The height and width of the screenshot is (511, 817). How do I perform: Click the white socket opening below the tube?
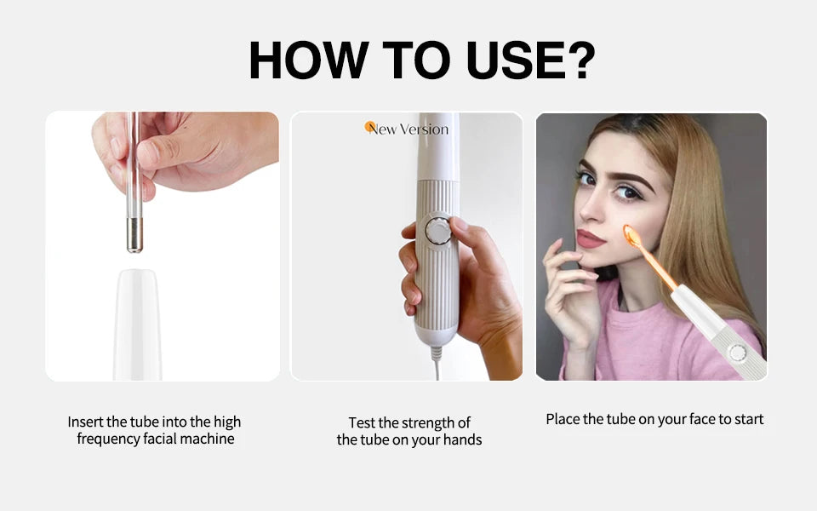coord(138,277)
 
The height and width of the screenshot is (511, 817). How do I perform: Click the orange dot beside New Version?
coord(370,127)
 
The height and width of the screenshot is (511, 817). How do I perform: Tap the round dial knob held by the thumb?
coord(438,231)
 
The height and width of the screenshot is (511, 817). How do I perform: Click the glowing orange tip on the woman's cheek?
coord(632,235)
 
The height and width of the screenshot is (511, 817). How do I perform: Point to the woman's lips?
coord(589,239)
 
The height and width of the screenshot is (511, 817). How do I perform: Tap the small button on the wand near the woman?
coord(737,353)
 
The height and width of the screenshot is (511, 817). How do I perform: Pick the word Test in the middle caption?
coord(361,423)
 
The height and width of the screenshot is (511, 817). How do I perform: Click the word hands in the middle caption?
coord(463,440)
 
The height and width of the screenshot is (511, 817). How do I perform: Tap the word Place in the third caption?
coord(563,419)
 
